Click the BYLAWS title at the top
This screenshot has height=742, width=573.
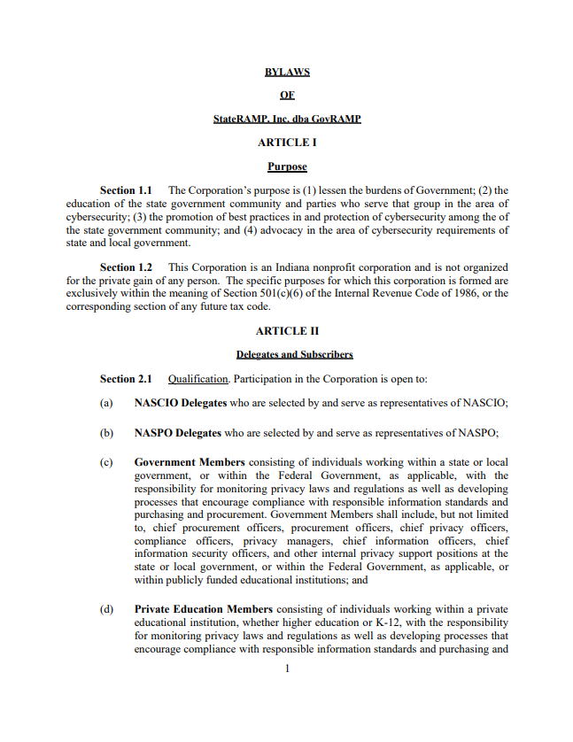[x=287, y=72]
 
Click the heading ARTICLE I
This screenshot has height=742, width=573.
[x=287, y=143]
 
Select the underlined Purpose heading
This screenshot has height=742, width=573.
[x=287, y=166]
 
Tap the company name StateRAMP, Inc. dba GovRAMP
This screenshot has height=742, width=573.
[x=287, y=119]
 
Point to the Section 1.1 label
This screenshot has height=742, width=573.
[x=126, y=190]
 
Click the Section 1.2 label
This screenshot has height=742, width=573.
[x=126, y=267]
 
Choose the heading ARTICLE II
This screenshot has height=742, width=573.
[x=287, y=331]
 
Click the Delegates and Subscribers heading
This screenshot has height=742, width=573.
[x=294, y=355]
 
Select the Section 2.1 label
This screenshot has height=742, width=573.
[x=126, y=379]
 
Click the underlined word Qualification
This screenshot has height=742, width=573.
[x=198, y=379]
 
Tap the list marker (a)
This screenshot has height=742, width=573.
[x=106, y=403]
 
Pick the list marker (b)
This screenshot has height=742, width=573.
[x=106, y=433]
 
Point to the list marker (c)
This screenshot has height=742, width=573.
[x=106, y=462]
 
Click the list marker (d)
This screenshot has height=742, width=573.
[x=106, y=609]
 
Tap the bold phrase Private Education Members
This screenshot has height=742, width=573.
[x=204, y=609]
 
